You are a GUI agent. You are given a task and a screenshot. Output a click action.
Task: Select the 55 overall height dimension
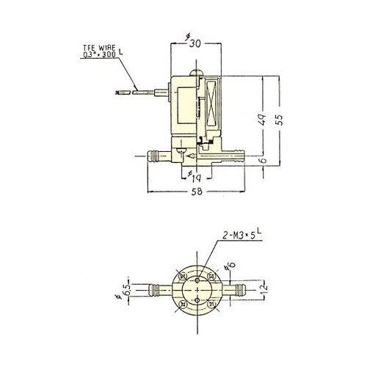pos(279,122)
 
